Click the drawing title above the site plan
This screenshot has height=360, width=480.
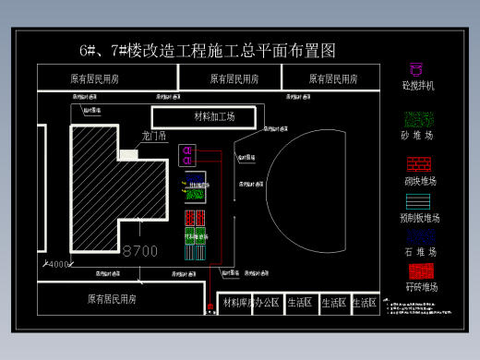click(x=207, y=49)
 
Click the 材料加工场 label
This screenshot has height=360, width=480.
click(x=214, y=116)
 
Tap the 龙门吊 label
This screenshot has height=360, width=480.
click(x=154, y=137)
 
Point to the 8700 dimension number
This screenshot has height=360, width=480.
click(x=140, y=250)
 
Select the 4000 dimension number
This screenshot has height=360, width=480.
click(x=58, y=265)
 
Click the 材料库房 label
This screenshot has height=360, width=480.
click(x=238, y=303)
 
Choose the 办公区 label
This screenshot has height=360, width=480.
click(x=269, y=303)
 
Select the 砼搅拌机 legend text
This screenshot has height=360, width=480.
click(x=419, y=86)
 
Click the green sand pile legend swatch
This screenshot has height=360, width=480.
click(x=419, y=119)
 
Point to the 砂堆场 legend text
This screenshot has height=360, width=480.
click(x=419, y=136)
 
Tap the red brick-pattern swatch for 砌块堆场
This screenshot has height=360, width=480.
click(x=419, y=164)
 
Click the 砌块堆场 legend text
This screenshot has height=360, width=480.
click(x=420, y=182)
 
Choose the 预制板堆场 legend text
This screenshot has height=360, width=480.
click(x=420, y=219)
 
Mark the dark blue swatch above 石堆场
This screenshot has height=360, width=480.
click(x=419, y=236)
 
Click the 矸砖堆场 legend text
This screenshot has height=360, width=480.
click(x=420, y=287)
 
